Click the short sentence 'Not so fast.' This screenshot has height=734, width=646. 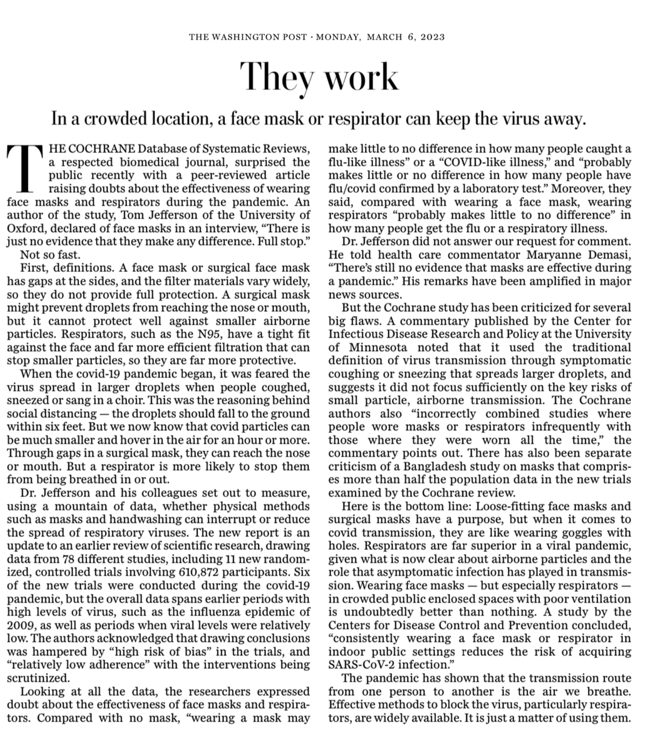tap(50, 255)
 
